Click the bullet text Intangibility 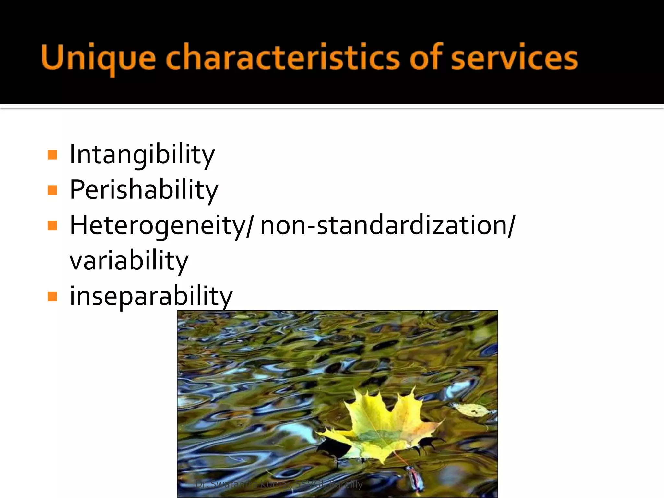click(142, 154)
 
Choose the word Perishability click(144, 190)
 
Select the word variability click(129, 261)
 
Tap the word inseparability click(151, 296)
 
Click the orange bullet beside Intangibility click(52, 155)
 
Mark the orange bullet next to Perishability click(52, 190)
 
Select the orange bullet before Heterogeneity click(52, 225)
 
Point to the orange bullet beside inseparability click(52, 296)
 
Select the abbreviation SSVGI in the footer click(309, 484)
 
